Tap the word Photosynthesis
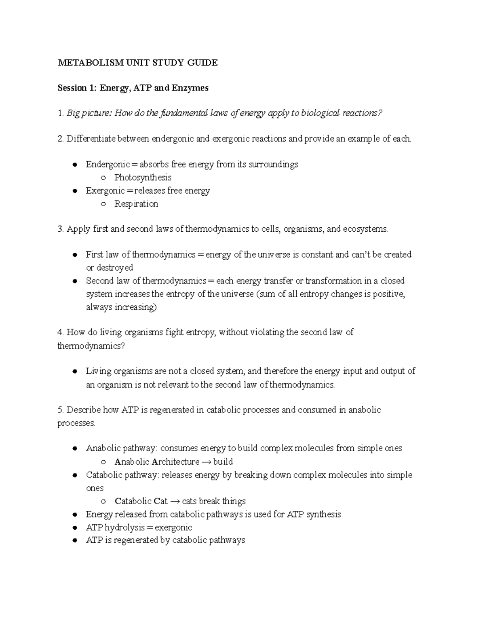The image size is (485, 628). pos(143,178)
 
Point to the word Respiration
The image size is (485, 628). pos(136,204)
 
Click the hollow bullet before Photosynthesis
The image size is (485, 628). pos(103,178)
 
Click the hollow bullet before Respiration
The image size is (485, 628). pos(103,204)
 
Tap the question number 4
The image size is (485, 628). pos(60,332)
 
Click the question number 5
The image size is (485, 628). pos(60,410)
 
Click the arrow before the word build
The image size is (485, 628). pos(206,462)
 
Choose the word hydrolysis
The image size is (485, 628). pos(124,527)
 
